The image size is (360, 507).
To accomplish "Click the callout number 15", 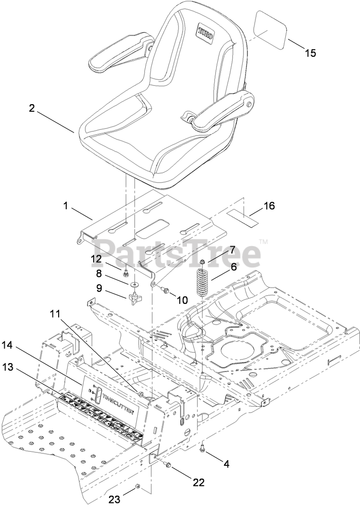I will [310, 53].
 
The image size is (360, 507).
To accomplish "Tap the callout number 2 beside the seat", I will [32, 108].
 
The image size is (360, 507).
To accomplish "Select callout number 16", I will [269, 206].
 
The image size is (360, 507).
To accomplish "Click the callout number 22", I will [198, 482].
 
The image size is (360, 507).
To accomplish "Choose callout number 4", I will [226, 464].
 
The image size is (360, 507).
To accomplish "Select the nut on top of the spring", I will [202, 262].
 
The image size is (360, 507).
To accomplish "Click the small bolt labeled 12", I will [126, 273].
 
